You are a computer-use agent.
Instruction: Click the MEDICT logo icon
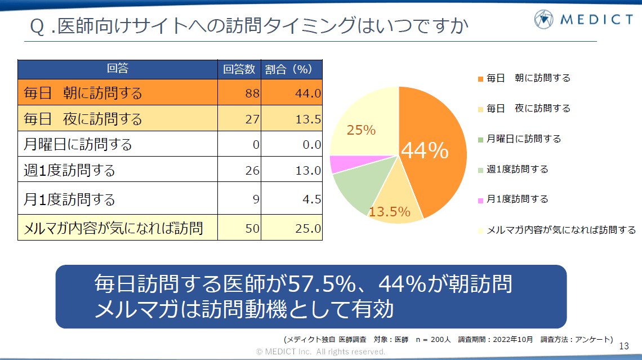point(545,20)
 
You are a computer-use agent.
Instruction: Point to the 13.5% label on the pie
point(389,212)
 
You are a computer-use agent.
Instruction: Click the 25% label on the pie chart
point(361,130)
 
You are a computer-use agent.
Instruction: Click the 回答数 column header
point(239,69)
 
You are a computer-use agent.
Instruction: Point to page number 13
point(623,345)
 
